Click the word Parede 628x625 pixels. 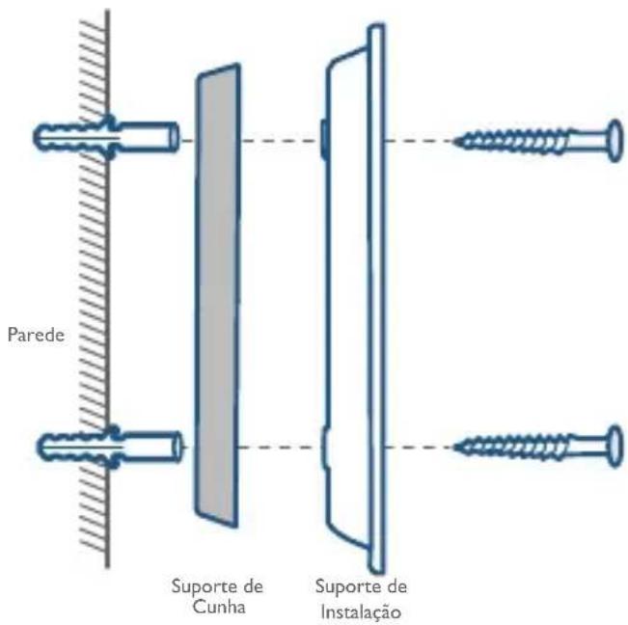click(36, 335)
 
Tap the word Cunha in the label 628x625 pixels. click(219, 606)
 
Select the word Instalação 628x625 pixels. click(361, 612)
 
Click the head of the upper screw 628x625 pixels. click(615, 141)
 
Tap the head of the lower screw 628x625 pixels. click(615, 446)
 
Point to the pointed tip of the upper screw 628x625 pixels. click(454, 141)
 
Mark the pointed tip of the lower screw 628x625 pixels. click(454, 447)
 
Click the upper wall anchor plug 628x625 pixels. click(106, 137)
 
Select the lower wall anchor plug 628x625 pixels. click(109, 446)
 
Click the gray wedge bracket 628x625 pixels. click(218, 295)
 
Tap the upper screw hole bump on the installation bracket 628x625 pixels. click(323, 139)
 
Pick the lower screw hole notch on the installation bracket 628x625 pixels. click(325, 448)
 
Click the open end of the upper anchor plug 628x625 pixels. click(175, 137)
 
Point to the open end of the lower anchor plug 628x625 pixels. click(177, 446)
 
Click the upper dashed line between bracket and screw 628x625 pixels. click(419, 141)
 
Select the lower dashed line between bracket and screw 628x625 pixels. click(419, 447)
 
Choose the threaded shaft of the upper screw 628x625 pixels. click(515, 141)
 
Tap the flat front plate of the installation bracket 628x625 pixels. click(376, 299)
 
